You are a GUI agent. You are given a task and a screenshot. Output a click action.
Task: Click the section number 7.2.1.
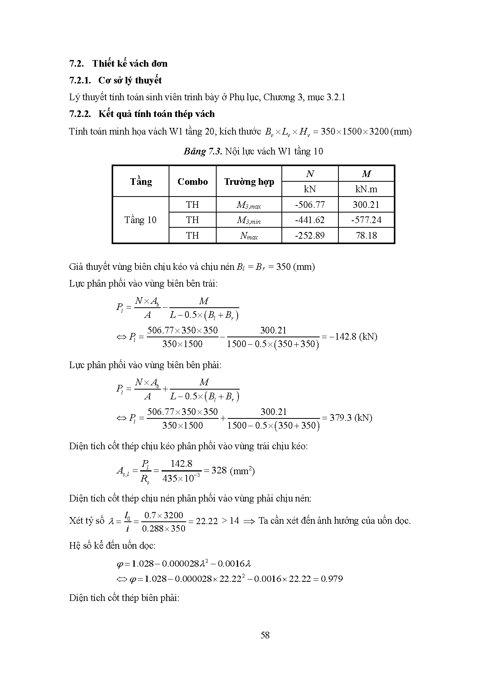[80, 80]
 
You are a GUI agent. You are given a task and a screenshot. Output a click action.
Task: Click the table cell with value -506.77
[310, 205]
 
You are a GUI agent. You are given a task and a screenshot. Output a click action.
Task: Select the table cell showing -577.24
[366, 220]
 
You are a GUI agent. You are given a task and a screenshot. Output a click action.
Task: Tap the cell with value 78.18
[366, 235]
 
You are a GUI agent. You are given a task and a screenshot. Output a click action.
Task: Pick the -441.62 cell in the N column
[310, 220]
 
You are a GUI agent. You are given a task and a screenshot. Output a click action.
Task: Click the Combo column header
[192, 182]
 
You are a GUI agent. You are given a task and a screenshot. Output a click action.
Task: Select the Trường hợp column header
[249, 182]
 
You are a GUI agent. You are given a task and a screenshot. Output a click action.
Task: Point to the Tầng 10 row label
[141, 220]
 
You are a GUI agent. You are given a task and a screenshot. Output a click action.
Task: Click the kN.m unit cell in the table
[366, 190]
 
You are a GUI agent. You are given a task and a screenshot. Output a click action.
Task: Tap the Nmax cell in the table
[249, 236]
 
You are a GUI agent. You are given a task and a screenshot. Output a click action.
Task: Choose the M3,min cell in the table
[249, 220]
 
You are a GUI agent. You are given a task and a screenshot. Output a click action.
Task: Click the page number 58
[265, 635]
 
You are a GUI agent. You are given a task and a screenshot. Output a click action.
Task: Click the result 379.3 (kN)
[351, 418]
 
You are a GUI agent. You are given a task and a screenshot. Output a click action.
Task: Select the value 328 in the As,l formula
[219, 470]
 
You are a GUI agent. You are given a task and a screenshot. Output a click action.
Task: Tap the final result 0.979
[332, 579]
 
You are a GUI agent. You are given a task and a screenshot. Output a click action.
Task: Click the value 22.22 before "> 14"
[206, 521]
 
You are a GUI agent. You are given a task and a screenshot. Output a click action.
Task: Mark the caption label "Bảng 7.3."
[203, 151]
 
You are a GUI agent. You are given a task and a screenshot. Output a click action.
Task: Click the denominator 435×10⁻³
[181, 478]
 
